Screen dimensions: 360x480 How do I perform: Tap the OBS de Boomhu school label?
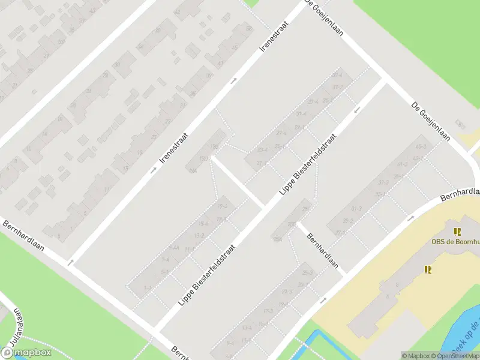click(x=455, y=242)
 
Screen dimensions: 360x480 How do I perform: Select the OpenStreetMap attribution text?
click(x=454, y=356)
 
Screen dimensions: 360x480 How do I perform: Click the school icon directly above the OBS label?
click(x=457, y=232)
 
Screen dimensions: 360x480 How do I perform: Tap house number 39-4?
click(x=337, y=76)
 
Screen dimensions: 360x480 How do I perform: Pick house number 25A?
click(x=277, y=238)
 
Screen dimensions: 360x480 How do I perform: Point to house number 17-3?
click(x=268, y=311)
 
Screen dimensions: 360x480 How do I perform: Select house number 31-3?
click(x=356, y=209)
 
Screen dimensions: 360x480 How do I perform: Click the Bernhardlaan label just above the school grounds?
click(x=460, y=192)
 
